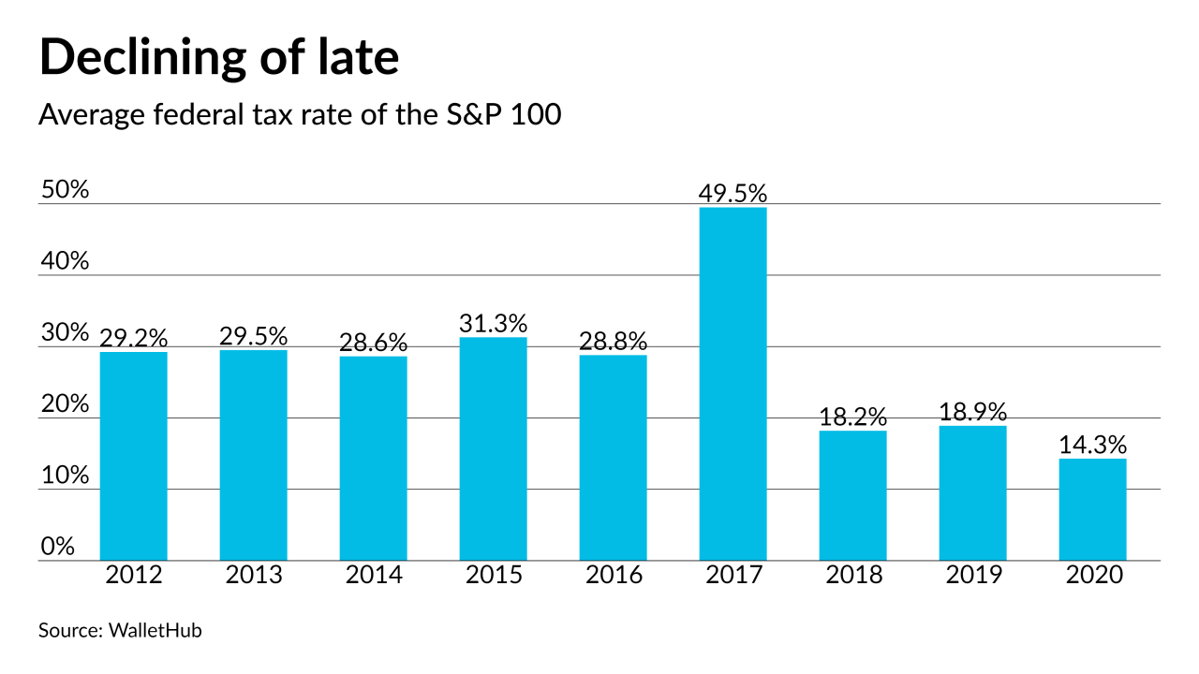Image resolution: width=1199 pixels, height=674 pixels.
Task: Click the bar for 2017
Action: click(733, 384)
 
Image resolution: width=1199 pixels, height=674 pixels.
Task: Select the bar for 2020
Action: click(1092, 509)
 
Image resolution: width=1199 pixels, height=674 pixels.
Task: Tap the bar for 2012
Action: click(133, 456)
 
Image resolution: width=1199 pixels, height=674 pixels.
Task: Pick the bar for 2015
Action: click(493, 448)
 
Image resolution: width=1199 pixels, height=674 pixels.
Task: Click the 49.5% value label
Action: click(733, 194)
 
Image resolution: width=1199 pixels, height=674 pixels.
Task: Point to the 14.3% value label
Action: click(1092, 444)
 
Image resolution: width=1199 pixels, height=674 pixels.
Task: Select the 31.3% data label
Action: click(493, 323)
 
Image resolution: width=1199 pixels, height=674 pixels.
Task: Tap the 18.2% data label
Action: click(852, 417)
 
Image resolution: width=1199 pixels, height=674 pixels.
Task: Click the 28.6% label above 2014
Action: click(373, 343)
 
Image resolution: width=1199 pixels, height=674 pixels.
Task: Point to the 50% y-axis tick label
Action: click(65, 190)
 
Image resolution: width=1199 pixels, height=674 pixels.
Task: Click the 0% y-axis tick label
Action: click(58, 546)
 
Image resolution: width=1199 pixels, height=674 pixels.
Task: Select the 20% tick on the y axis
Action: click(65, 404)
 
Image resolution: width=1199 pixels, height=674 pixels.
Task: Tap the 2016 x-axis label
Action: click(613, 575)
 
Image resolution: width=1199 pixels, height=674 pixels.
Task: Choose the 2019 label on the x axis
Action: click(972, 575)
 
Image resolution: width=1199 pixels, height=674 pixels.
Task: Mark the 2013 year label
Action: click(253, 575)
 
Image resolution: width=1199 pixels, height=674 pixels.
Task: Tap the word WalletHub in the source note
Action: click(155, 630)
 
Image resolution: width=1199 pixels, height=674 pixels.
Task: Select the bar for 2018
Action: click(852, 495)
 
